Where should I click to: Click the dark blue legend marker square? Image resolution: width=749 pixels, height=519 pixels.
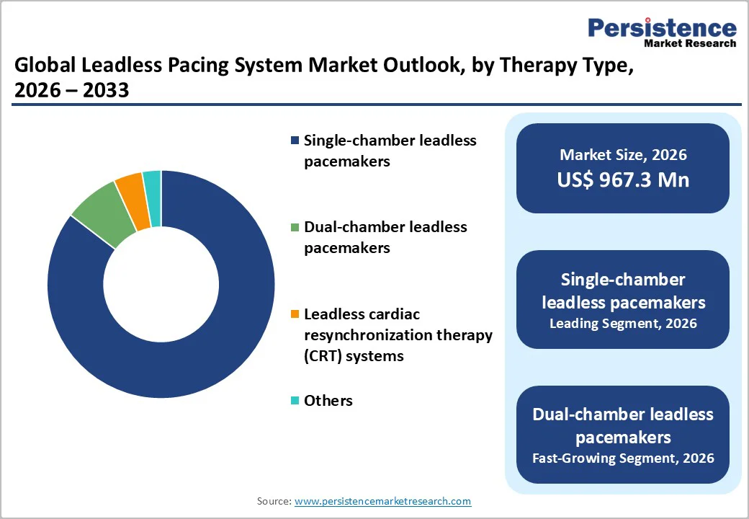295,141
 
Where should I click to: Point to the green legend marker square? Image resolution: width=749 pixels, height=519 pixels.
295,227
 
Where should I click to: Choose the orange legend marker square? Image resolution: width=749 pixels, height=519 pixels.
295,315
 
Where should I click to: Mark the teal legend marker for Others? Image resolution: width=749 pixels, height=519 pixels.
295,401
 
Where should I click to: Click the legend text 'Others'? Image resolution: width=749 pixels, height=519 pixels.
328,401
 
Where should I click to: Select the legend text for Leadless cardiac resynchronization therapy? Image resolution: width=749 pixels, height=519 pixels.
398,335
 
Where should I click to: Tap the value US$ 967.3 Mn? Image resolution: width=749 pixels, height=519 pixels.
623,179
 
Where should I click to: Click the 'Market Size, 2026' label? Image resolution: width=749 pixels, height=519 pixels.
623,154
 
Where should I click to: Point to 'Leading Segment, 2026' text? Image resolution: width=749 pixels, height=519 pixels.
623,324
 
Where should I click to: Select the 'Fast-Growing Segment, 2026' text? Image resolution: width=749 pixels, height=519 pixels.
623,458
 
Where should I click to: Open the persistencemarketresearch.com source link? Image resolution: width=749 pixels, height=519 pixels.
382,501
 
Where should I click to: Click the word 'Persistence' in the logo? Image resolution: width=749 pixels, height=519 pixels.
663,28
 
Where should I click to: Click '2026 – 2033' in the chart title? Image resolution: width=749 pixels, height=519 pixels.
71,90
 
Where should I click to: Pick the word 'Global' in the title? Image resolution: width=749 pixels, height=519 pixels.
44,66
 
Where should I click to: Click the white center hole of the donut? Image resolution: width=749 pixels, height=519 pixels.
161,284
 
